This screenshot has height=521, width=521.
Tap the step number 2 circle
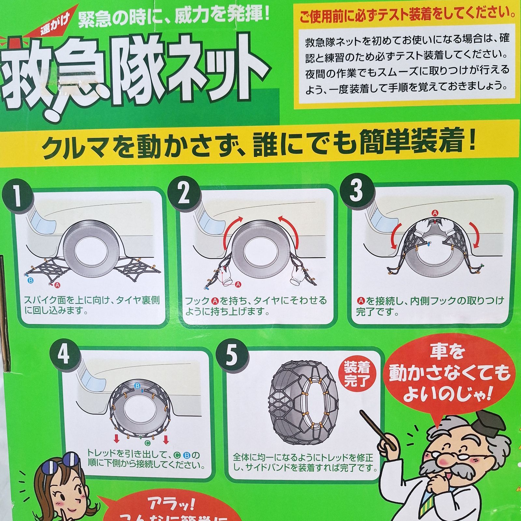184,193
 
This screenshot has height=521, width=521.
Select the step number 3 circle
356,190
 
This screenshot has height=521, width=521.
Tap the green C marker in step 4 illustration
147,443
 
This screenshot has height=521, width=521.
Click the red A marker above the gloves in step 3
435,213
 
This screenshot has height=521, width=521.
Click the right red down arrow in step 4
166,440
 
